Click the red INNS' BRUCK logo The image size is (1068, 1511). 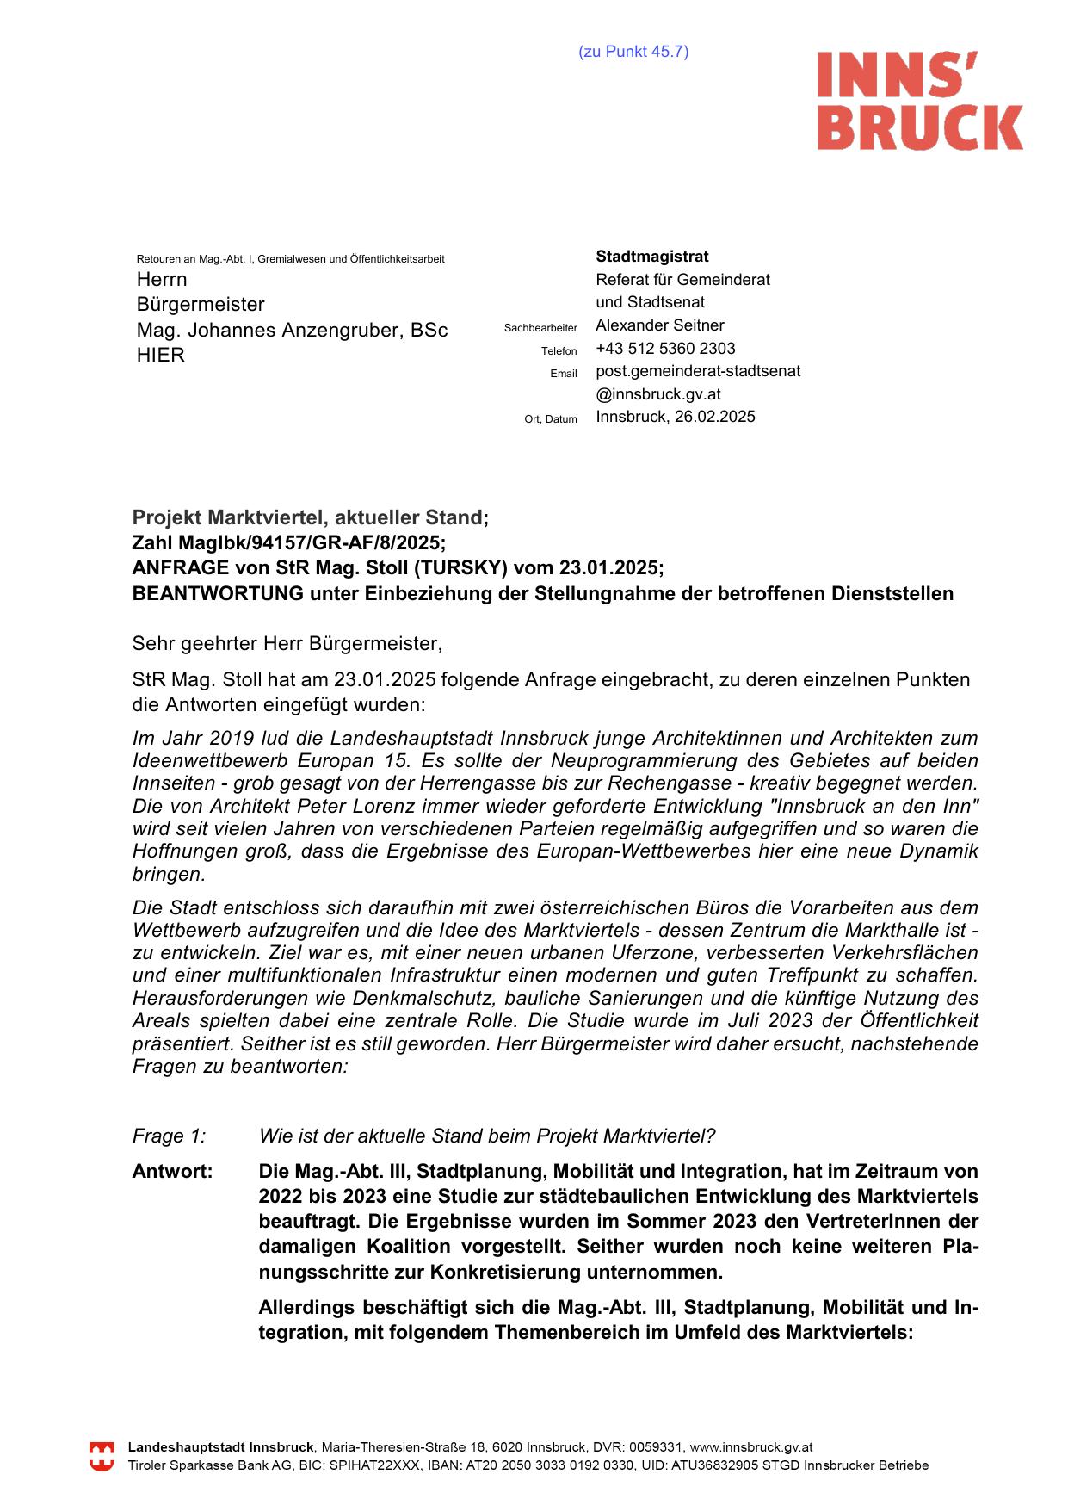pyautogui.click(x=919, y=101)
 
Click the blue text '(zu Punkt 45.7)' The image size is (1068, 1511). pyautogui.click(x=633, y=52)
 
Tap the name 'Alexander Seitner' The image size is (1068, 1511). pyautogui.click(x=660, y=325)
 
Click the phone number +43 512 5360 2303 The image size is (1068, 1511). pyautogui.click(x=665, y=349)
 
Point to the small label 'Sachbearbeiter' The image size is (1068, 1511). pyautogui.click(x=540, y=328)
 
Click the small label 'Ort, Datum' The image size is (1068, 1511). pyautogui.click(x=551, y=419)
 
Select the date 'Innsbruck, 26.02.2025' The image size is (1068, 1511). pyautogui.click(x=676, y=417)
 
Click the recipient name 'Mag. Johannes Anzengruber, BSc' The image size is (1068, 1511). pyautogui.click(x=292, y=331)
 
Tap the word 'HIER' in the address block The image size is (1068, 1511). pyautogui.click(x=161, y=356)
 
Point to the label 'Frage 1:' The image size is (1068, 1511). pyautogui.click(x=169, y=1136)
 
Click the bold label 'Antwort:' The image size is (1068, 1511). pyautogui.click(x=172, y=1172)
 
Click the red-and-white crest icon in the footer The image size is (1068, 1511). pyautogui.click(x=102, y=1457)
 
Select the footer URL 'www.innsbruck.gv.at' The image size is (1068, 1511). pyautogui.click(x=751, y=1448)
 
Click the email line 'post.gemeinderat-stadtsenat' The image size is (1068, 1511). pyautogui.click(x=698, y=371)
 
